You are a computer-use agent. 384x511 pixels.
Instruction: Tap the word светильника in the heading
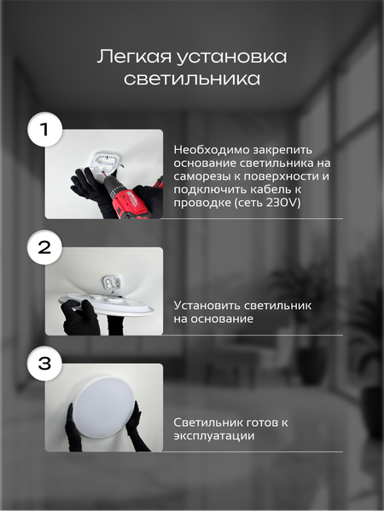click(191, 79)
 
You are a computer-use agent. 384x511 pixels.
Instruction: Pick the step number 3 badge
click(45, 365)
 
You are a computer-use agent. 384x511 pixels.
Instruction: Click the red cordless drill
click(132, 198)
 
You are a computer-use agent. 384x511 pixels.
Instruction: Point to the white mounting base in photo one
click(105, 163)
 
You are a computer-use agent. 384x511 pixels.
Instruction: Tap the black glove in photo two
click(80, 319)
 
